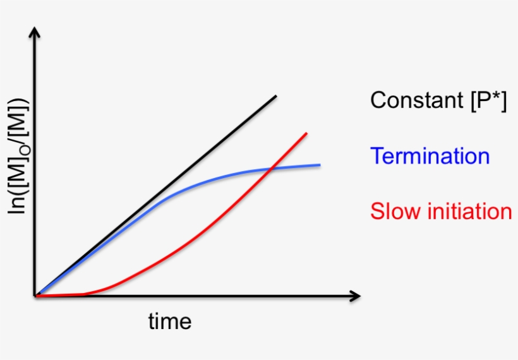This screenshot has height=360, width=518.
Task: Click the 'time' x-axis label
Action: [169, 321]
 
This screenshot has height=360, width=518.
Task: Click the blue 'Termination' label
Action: [430, 155]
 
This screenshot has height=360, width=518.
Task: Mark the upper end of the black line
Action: [276, 96]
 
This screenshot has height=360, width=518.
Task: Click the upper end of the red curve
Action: [306, 133]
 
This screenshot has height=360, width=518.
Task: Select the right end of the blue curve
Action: [319, 165]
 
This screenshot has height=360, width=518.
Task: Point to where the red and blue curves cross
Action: [271, 168]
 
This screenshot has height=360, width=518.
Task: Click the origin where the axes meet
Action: [36, 296]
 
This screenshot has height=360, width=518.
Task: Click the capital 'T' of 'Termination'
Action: [376, 155]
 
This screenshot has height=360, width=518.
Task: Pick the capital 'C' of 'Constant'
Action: [378, 100]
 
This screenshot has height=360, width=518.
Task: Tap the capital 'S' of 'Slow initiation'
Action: [377, 211]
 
